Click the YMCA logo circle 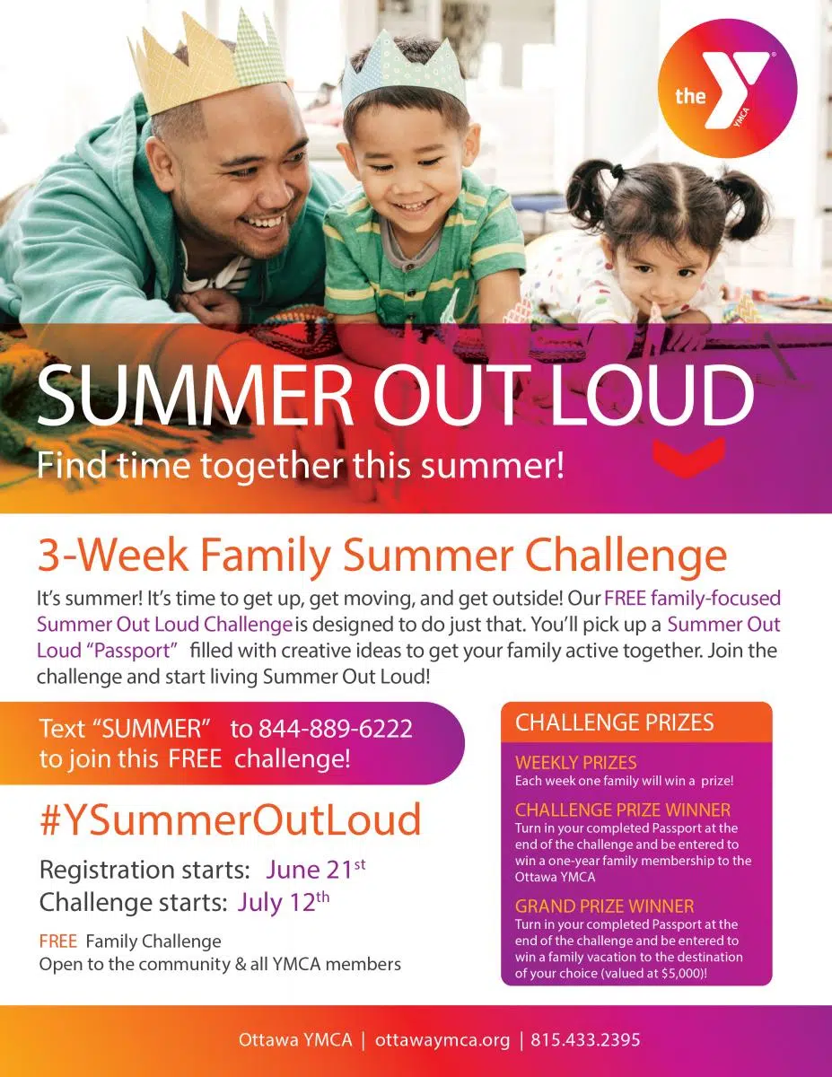tap(727, 88)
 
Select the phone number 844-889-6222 tap(336, 729)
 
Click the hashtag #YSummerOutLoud tap(231, 819)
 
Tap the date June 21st tap(316, 870)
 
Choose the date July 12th tap(284, 902)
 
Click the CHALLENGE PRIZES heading tap(615, 722)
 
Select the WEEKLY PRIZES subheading tap(576, 762)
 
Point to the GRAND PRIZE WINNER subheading tap(604, 906)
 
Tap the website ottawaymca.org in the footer tap(442, 1039)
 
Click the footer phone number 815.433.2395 tap(585, 1039)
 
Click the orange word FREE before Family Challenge tap(58, 941)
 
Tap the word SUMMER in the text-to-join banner tap(153, 729)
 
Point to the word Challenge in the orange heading tap(626, 556)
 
